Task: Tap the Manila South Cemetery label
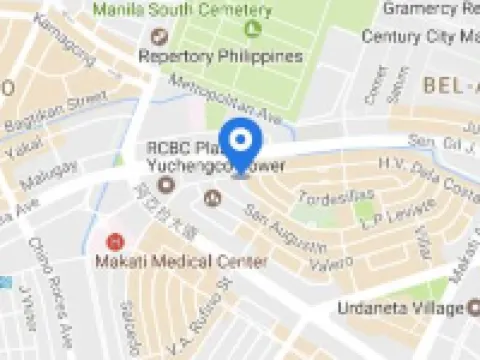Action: pyautogui.click(x=183, y=9)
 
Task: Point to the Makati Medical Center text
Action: pyautogui.click(x=181, y=262)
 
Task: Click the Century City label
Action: pyautogui.click(x=420, y=36)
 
